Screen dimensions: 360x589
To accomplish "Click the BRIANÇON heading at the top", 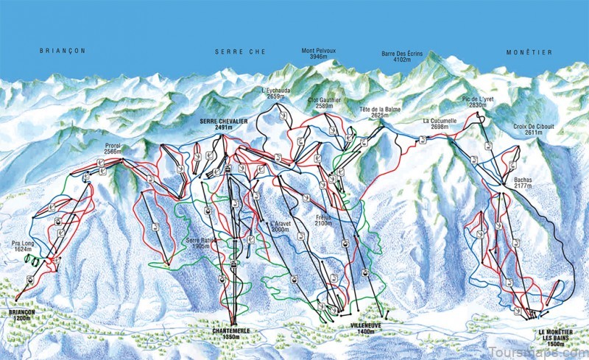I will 63,51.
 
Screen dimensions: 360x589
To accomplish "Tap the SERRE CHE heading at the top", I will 240,52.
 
